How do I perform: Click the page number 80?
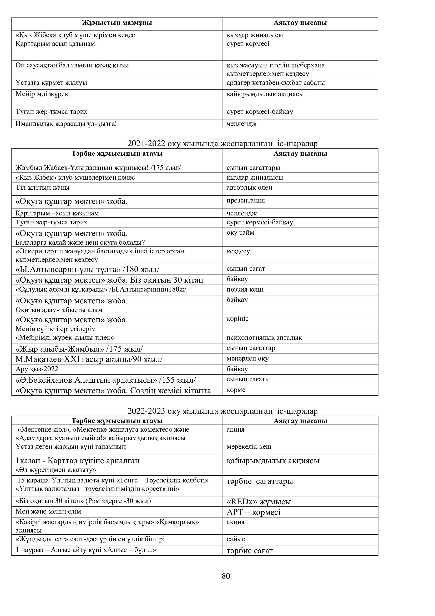point(226,576)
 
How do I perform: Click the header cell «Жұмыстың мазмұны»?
point(117,23)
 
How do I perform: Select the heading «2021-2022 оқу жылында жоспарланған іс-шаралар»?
point(222,144)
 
